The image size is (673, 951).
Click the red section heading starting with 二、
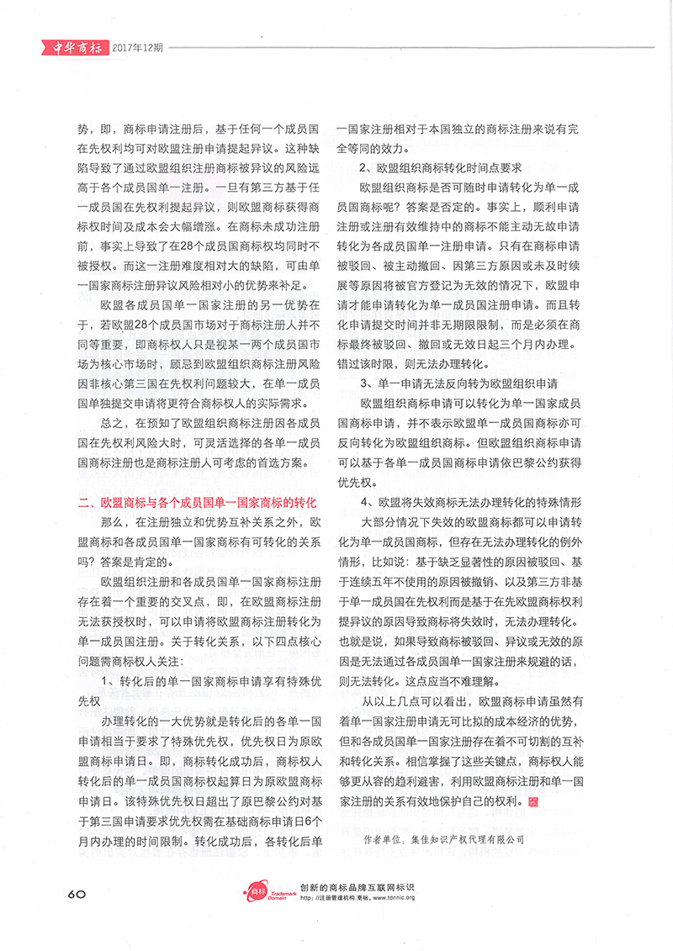(196, 503)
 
